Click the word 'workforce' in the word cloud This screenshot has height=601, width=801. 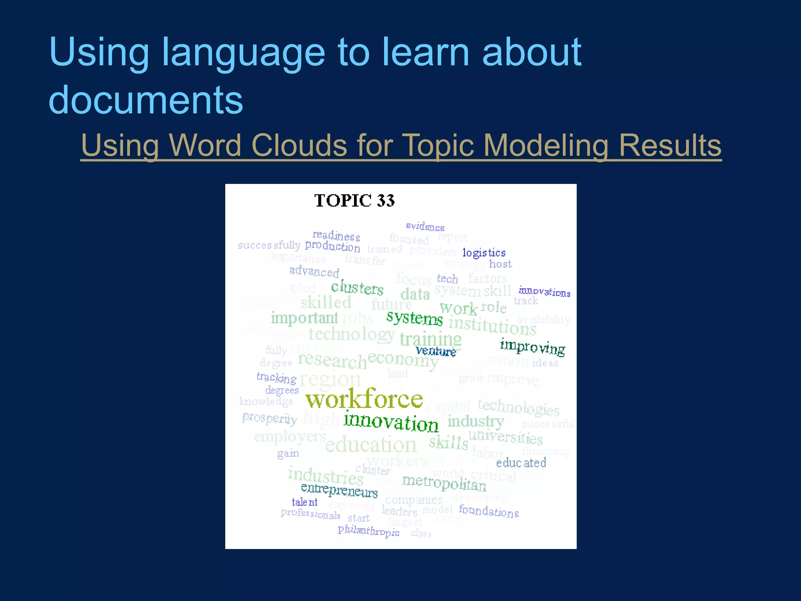pos(364,399)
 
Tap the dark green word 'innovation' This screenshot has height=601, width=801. pos(391,423)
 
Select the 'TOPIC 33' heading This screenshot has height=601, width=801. pos(354,201)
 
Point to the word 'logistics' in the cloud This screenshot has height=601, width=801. pos(484,253)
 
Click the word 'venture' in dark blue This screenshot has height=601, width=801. pos(436,351)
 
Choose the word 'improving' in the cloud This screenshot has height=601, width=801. pos(532,347)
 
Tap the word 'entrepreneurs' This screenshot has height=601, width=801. pos(339,490)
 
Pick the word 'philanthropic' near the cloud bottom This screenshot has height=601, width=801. pos(368,531)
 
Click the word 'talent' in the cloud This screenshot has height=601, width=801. pos(304,502)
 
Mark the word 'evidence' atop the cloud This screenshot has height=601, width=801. pos(425,227)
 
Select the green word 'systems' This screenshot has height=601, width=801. pos(415,318)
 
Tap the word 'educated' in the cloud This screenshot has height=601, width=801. pos(521,463)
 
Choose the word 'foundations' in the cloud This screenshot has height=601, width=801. pos(489,511)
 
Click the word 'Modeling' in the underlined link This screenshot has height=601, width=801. pos(546,145)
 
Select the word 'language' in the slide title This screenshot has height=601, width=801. pos(243,53)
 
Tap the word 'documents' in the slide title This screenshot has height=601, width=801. pos(146,99)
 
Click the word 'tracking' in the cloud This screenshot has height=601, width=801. pos(277,378)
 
